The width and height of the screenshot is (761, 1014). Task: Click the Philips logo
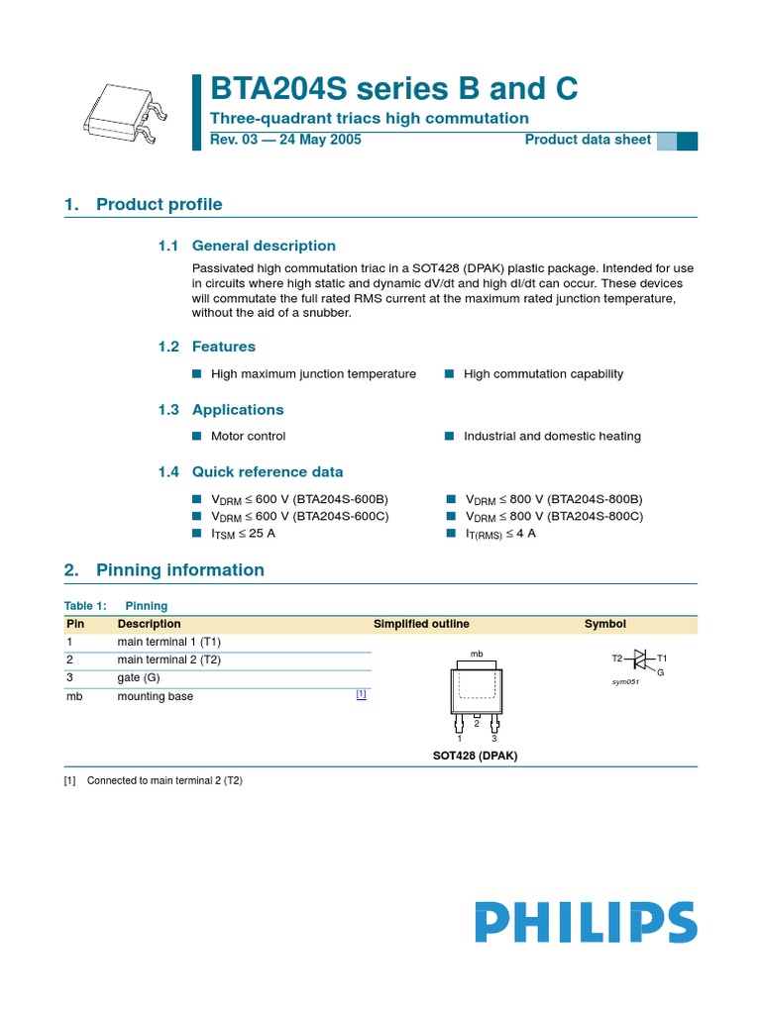pos(585,922)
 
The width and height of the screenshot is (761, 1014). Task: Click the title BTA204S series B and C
pos(394,89)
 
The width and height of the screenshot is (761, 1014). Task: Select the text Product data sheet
pos(588,140)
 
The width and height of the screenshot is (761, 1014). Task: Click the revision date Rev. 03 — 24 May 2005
pos(285,140)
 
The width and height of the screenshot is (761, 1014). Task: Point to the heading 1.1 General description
pos(248,246)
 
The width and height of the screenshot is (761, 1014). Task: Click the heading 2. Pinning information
pos(164,569)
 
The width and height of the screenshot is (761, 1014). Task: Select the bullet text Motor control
pos(248,436)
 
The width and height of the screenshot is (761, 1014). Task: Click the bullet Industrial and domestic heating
pos(552,436)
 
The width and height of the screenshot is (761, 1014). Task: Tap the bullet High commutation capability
pos(543,373)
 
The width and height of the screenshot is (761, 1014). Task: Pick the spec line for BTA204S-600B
pos(299,499)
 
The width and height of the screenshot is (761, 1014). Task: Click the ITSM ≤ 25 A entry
pos(243,534)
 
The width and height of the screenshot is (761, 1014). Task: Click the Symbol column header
pos(604,624)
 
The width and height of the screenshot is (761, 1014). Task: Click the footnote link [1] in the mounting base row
pos(361,695)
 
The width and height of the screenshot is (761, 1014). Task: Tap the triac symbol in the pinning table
pos(639,660)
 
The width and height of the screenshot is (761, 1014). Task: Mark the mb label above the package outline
pos(476,655)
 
